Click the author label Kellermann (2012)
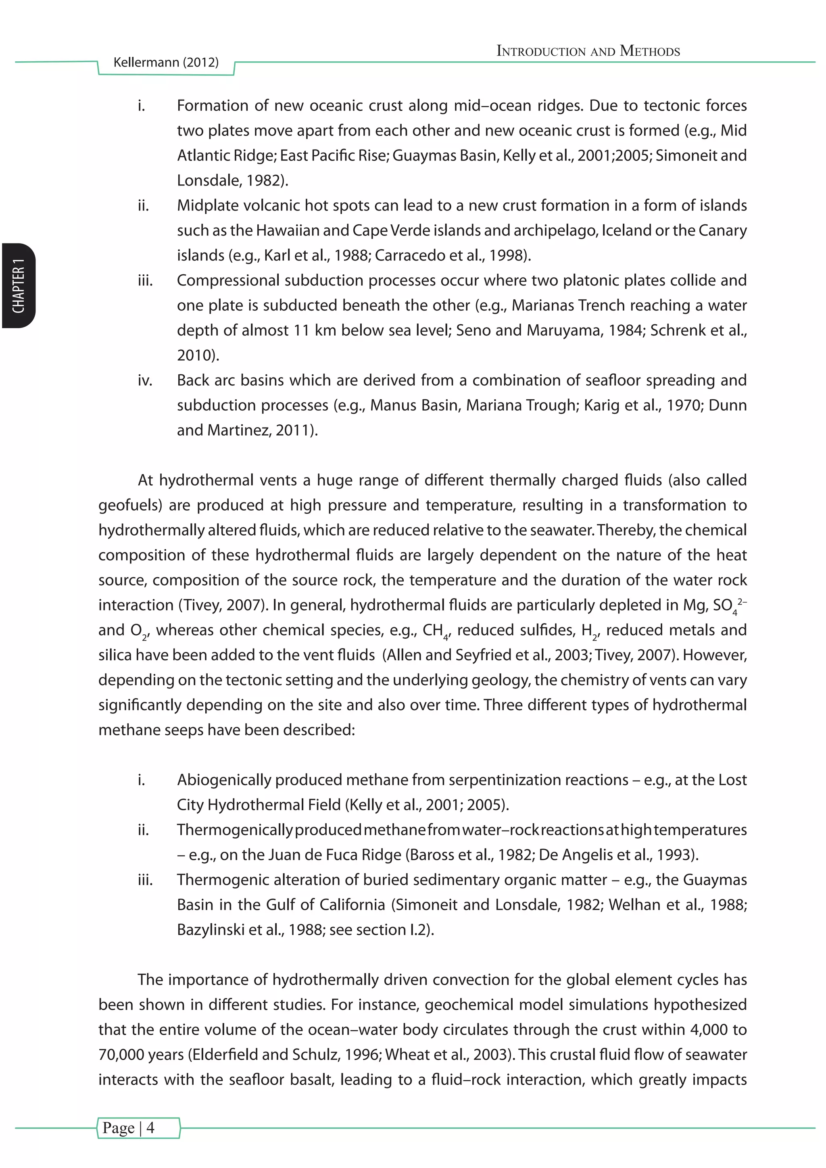(x=166, y=63)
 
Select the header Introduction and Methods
(x=588, y=51)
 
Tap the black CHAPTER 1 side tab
(x=19, y=286)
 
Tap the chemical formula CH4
(x=435, y=631)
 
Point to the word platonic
(x=590, y=280)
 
